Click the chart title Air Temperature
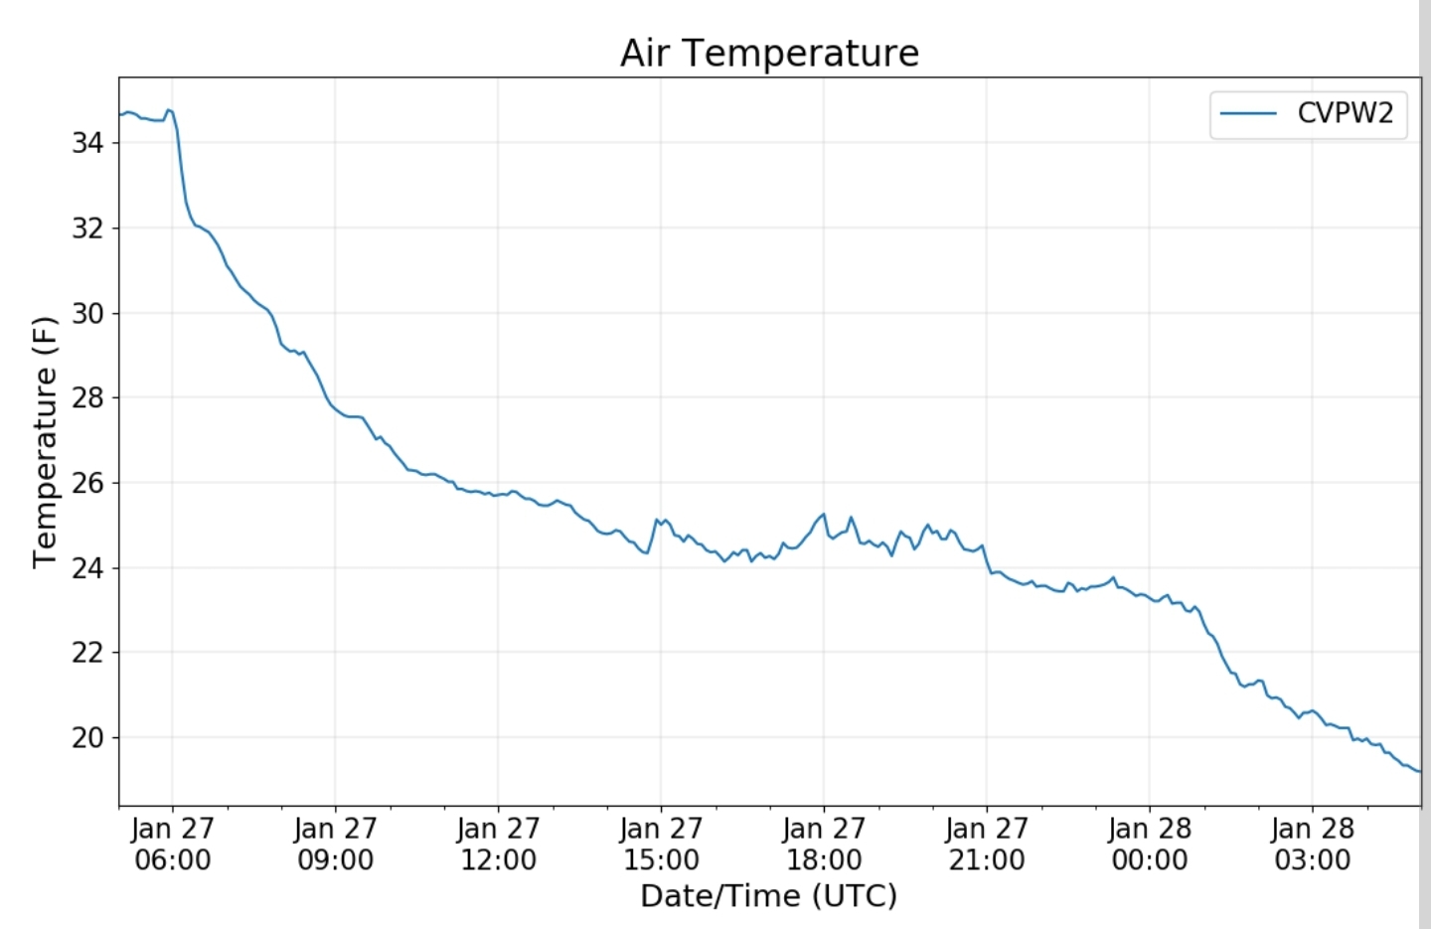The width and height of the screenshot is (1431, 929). (769, 53)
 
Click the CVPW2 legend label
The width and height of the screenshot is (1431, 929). (1346, 113)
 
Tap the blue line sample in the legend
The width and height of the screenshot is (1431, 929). (1248, 113)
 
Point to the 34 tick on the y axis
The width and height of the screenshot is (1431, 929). (87, 142)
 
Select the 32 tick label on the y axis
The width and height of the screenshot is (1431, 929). (87, 229)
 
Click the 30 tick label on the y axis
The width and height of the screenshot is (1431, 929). (87, 313)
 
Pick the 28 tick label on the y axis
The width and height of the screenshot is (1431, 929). (87, 397)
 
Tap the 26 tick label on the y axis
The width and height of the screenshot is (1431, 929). (87, 483)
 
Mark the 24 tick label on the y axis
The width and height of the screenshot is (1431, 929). (87, 567)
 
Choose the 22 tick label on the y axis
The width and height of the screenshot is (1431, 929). (87, 653)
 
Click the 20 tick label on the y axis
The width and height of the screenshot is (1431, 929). (87, 737)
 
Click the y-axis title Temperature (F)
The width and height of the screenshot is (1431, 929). (46, 442)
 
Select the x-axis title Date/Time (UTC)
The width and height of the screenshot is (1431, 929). (769, 896)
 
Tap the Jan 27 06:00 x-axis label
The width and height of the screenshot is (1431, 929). (173, 844)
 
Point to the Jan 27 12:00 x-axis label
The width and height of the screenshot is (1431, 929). (498, 844)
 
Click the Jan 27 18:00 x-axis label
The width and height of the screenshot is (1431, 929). (824, 844)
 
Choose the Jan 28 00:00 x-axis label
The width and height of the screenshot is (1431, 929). (1150, 844)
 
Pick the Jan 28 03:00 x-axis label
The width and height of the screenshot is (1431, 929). (1313, 844)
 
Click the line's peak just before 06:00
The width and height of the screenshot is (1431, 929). (169, 110)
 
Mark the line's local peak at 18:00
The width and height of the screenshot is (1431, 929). (824, 514)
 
